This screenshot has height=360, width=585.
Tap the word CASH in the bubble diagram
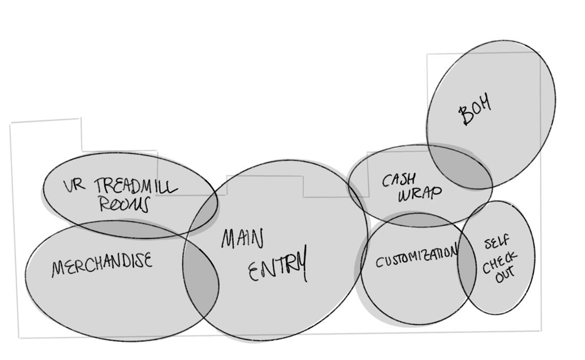tap(399, 180)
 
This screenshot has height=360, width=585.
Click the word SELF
tap(497, 243)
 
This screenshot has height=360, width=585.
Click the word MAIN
tap(242, 239)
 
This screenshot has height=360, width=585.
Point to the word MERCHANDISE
tap(102, 263)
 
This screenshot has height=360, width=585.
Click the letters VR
tap(74, 186)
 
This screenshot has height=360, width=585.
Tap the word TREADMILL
tap(136, 185)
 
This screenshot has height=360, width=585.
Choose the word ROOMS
tap(124, 204)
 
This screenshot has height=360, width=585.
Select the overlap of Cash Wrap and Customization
tap(415, 220)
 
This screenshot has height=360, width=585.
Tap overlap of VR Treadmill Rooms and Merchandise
tap(130, 228)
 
